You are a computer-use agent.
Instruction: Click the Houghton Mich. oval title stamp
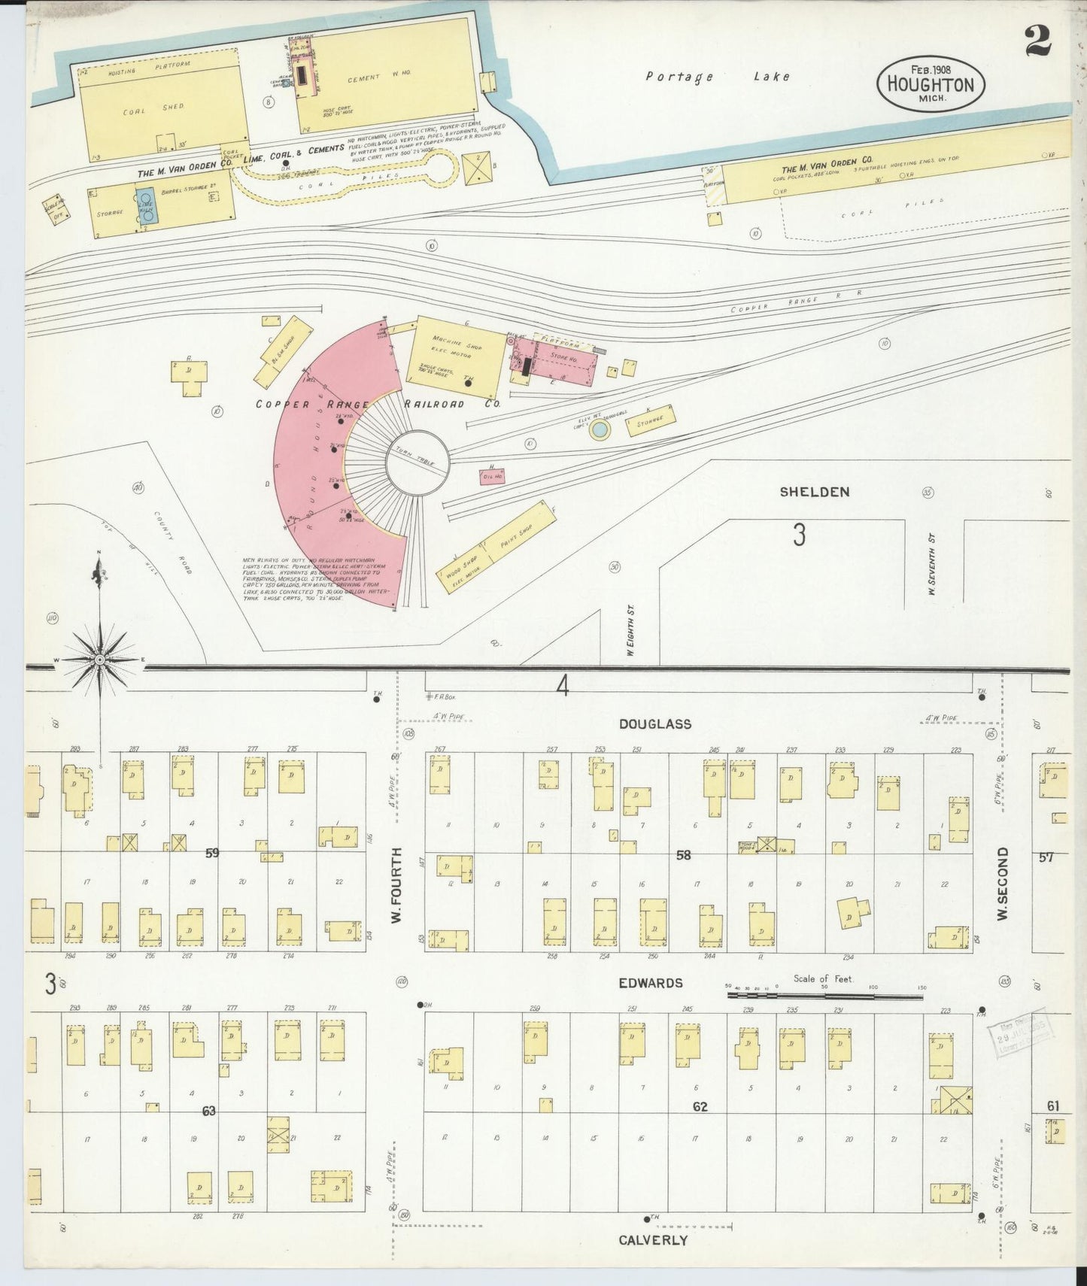click(931, 84)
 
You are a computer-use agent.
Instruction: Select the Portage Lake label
click(718, 76)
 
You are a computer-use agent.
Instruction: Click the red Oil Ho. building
click(492, 476)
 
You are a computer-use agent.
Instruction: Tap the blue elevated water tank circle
click(600, 430)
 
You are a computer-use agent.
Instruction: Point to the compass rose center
click(99, 660)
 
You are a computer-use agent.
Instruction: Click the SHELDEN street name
click(814, 492)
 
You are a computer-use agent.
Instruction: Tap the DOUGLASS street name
click(655, 723)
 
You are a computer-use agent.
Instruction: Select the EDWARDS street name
click(651, 983)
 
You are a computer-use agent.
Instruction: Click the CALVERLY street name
click(653, 1240)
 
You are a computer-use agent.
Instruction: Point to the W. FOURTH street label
click(398, 886)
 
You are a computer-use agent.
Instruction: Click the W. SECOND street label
click(1001, 884)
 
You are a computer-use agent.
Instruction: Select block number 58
click(683, 854)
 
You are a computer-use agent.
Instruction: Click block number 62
click(700, 1106)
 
